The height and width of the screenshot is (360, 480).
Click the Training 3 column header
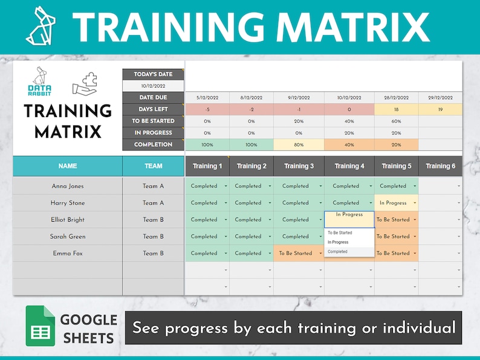click(x=299, y=166)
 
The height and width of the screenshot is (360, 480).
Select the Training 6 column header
click(x=441, y=166)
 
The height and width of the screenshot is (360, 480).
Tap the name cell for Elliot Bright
click(x=68, y=220)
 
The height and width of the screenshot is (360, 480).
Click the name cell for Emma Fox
click(x=68, y=254)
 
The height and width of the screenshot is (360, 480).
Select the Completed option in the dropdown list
click(x=338, y=251)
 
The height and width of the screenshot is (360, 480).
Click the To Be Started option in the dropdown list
click(x=340, y=233)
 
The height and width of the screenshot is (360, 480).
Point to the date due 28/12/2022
click(x=396, y=98)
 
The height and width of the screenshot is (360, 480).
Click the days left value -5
click(x=207, y=109)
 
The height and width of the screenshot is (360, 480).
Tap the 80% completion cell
click(x=299, y=145)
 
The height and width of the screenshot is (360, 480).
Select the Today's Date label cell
click(x=153, y=74)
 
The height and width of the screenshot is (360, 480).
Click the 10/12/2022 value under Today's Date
click(x=153, y=86)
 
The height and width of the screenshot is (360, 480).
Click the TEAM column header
click(x=153, y=166)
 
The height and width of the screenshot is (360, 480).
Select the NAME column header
click(x=68, y=166)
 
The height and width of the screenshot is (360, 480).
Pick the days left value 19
click(x=441, y=109)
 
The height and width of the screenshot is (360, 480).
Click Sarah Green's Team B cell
click(x=153, y=237)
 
